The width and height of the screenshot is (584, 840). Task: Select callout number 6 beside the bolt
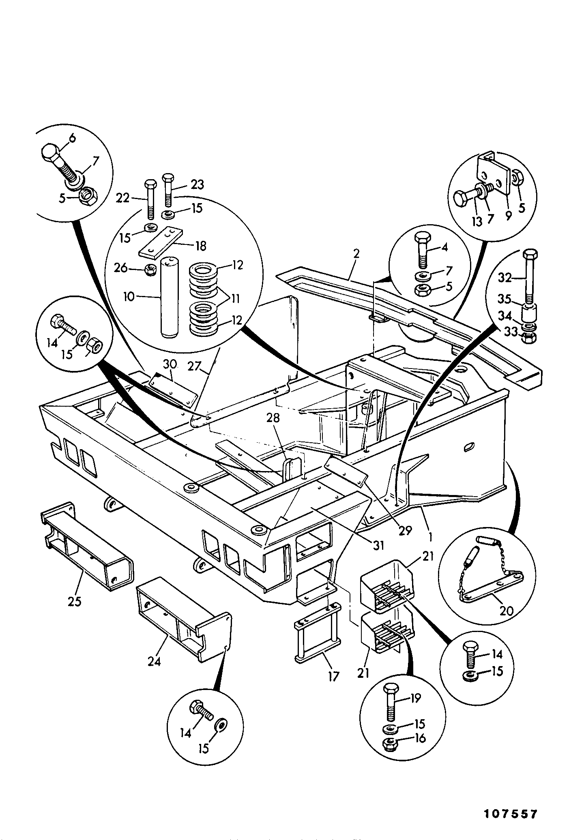click(72, 139)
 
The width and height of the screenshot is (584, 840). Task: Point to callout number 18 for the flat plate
click(201, 246)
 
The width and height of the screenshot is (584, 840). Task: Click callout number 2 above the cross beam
click(356, 255)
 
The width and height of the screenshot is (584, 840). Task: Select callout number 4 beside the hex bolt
click(445, 247)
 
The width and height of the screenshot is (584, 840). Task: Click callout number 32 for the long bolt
click(505, 278)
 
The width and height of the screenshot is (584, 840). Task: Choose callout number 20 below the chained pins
click(507, 611)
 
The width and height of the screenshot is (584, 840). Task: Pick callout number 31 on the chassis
click(378, 546)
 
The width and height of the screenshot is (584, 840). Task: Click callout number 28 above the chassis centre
click(273, 418)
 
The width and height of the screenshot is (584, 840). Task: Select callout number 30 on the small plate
click(171, 364)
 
